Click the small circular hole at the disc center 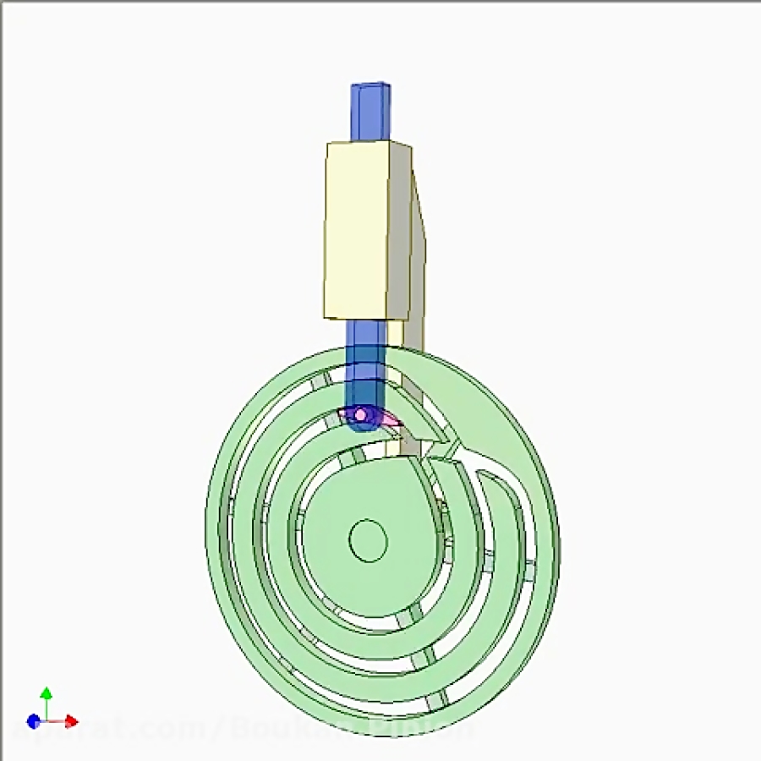click(x=368, y=540)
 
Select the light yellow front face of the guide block click(x=357, y=230)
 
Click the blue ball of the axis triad click(x=33, y=721)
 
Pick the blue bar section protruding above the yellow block click(x=370, y=114)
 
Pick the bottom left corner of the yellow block click(x=326, y=316)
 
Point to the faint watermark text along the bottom click(x=245, y=727)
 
